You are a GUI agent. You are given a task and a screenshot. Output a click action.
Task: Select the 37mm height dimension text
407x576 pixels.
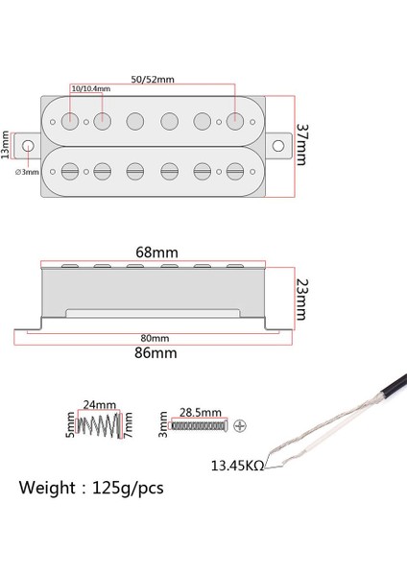(300, 143)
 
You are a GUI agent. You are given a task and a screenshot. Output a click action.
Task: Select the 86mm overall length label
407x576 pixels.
(154, 352)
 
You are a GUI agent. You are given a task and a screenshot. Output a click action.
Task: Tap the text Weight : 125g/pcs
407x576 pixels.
(90, 488)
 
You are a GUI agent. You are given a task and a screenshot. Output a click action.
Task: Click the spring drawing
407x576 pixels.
(101, 423)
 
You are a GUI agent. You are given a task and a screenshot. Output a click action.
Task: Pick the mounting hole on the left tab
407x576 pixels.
(29, 146)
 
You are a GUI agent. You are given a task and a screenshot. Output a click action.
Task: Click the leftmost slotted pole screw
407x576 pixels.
(70, 171)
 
